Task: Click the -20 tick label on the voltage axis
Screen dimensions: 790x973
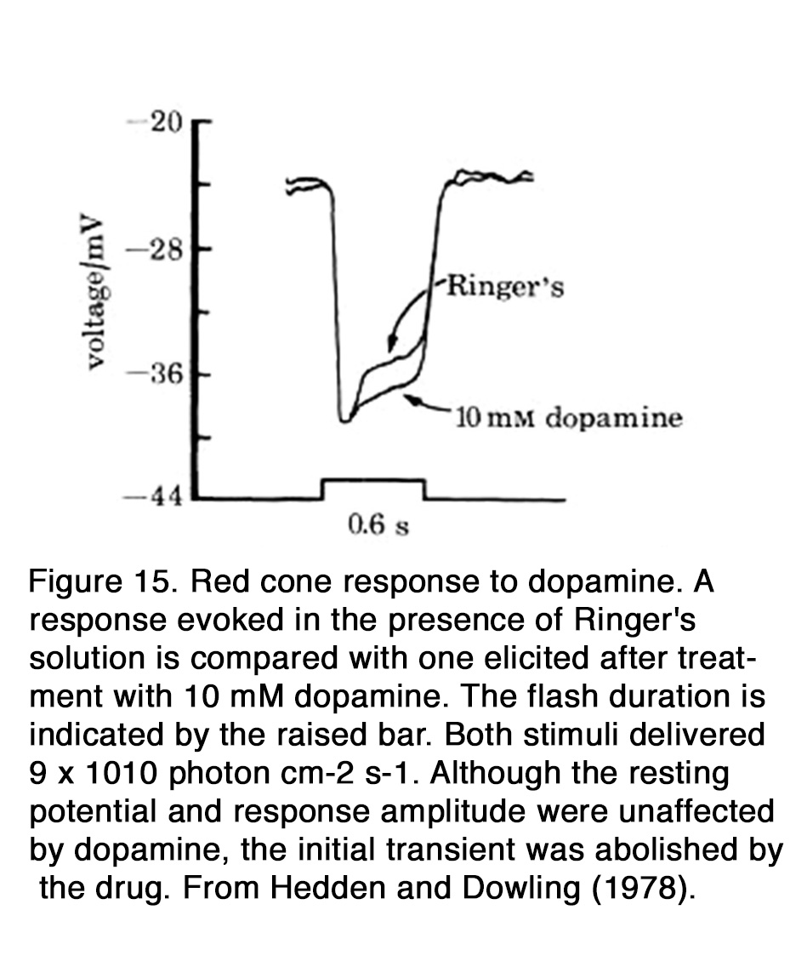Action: click(x=155, y=123)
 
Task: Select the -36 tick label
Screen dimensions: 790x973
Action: click(x=155, y=375)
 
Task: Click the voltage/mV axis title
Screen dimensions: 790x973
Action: click(x=92, y=292)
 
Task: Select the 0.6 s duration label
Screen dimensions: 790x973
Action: click(x=378, y=525)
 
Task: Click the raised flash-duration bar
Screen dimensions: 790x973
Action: click(x=373, y=479)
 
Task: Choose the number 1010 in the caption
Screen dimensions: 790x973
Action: click(x=121, y=774)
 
